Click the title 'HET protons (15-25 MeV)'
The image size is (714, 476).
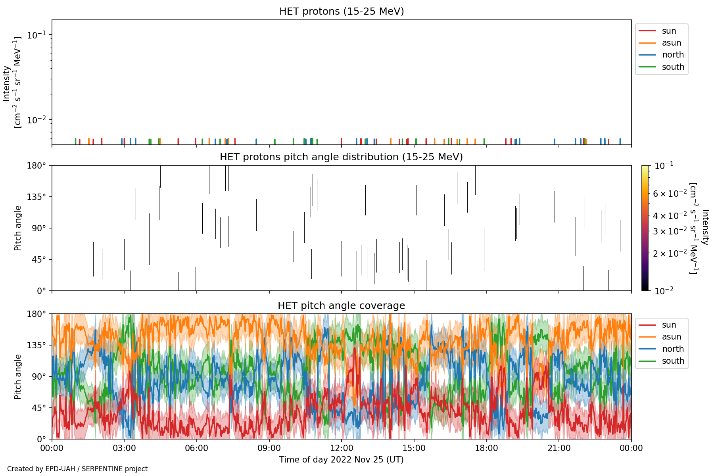[342, 11]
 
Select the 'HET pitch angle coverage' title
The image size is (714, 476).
[342, 305]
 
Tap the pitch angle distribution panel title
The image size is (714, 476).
[342, 157]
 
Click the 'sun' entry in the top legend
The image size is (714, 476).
[669, 31]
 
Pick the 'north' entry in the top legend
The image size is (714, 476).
[673, 55]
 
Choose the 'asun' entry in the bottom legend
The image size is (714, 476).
[672, 337]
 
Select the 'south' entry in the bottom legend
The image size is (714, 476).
[673, 361]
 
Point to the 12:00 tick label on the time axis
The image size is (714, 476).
[342, 448]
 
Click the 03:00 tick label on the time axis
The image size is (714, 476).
[124, 448]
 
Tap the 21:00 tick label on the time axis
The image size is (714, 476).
[559, 448]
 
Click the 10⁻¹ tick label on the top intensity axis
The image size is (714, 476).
[37, 35]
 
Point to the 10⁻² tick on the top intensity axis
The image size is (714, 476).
[37, 119]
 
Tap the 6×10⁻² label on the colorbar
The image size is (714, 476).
[670, 194]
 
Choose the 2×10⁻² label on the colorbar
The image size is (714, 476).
[670, 253]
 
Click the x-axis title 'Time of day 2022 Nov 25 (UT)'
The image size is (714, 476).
[342, 460]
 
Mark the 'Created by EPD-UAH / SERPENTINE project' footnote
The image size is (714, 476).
[77, 469]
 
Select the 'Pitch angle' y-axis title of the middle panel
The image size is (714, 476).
[18, 228]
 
